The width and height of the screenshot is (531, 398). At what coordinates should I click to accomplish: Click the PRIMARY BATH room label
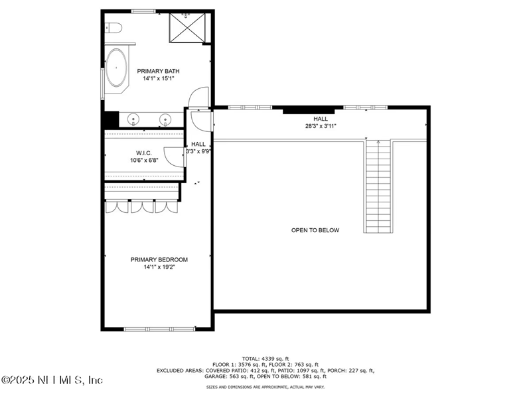click(158, 71)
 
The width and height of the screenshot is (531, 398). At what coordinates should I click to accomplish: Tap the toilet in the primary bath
click(112, 28)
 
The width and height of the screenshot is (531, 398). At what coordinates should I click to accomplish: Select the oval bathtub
click(118, 68)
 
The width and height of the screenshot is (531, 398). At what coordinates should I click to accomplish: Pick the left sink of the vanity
click(133, 119)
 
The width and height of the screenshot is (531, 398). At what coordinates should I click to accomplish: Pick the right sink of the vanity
click(165, 119)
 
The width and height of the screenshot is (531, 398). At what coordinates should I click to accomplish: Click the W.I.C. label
click(145, 153)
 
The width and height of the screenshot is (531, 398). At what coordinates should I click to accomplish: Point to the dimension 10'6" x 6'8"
click(145, 160)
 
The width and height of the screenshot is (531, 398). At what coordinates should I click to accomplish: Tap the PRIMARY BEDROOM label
click(159, 259)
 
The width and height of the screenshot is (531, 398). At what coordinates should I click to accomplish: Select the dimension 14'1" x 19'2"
click(159, 267)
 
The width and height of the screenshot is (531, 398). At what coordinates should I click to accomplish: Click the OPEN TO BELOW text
click(315, 230)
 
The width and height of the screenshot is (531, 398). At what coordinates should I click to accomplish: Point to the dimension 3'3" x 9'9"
click(198, 151)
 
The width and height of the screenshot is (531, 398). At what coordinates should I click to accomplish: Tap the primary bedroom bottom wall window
click(159, 328)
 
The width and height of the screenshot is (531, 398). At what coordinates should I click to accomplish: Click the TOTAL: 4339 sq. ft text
click(265, 358)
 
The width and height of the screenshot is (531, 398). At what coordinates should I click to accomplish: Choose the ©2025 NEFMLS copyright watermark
click(52, 380)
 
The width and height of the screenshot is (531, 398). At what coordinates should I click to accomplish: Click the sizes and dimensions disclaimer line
click(265, 386)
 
